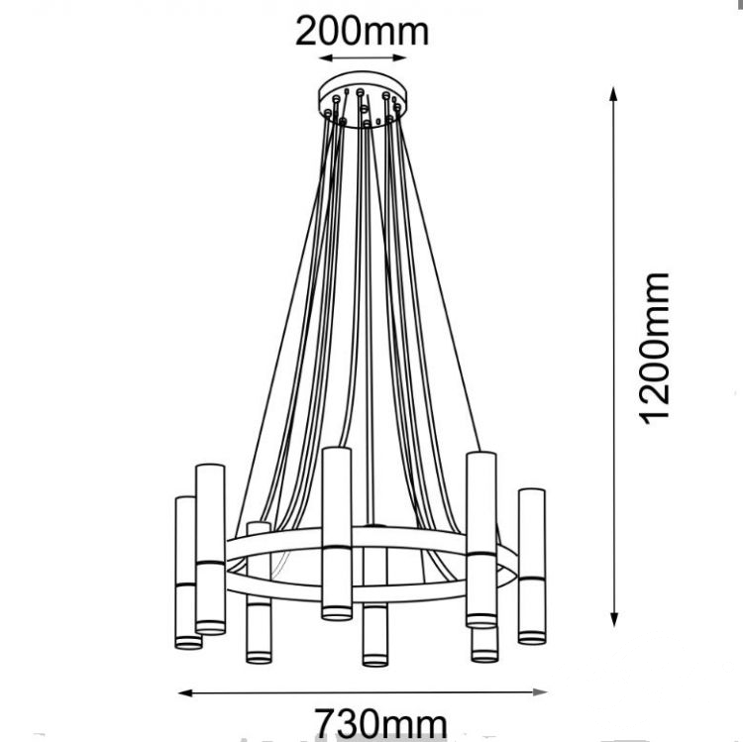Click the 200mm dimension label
click(x=362, y=32)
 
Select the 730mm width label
click(x=381, y=723)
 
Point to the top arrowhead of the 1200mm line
click(x=613, y=93)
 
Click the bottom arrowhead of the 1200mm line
click(x=614, y=620)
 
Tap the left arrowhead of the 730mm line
click(x=185, y=693)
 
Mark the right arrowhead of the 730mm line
click(x=541, y=692)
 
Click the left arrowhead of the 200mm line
click(x=325, y=58)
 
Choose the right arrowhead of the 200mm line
click(x=400, y=57)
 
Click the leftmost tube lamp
click(x=187, y=573)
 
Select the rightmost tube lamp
click(x=532, y=567)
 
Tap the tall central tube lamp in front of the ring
click(x=337, y=533)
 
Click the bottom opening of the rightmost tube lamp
click(x=532, y=638)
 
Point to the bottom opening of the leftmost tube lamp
click(x=188, y=643)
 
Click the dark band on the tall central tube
click(x=337, y=547)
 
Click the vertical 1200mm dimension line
click(x=613, y=357)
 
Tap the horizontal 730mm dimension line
click(x=363, y=692)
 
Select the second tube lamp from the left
click(x=210, y=549)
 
